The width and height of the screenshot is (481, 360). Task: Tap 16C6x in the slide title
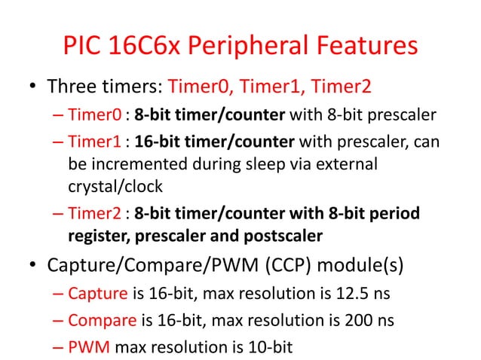tap(137, 46)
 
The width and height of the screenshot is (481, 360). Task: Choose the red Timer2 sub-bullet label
tap(94, 215)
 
